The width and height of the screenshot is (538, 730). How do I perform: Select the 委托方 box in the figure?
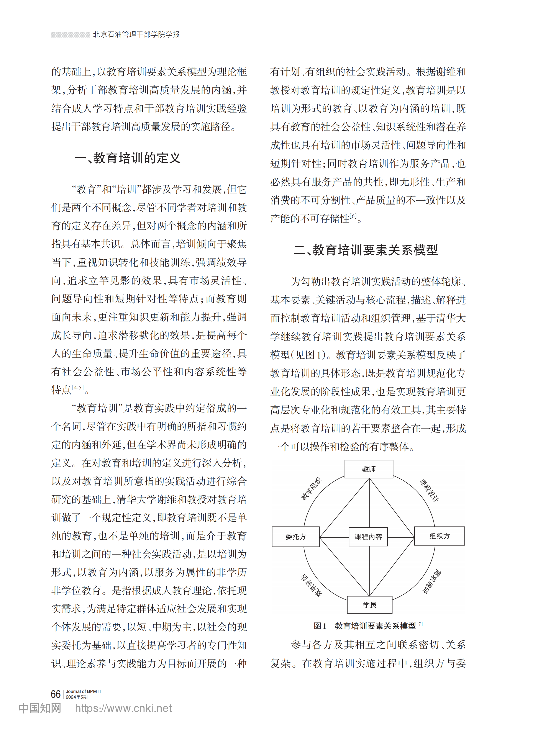[295, 537]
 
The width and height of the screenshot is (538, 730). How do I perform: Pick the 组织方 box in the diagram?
[439, 536]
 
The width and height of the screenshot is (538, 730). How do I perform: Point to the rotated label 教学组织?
[311, 488]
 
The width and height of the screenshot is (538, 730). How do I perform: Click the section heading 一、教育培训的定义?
[128, 158]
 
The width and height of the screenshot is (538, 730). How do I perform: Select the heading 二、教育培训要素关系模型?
[366, 250]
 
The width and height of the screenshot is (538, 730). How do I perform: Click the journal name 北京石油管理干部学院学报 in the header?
[136, 34]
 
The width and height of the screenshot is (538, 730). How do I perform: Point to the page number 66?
[56, 694]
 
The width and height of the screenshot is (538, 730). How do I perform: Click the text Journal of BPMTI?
[83, 691]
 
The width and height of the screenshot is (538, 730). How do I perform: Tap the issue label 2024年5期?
[77, 697]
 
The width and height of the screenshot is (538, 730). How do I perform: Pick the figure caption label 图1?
[320, 626]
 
